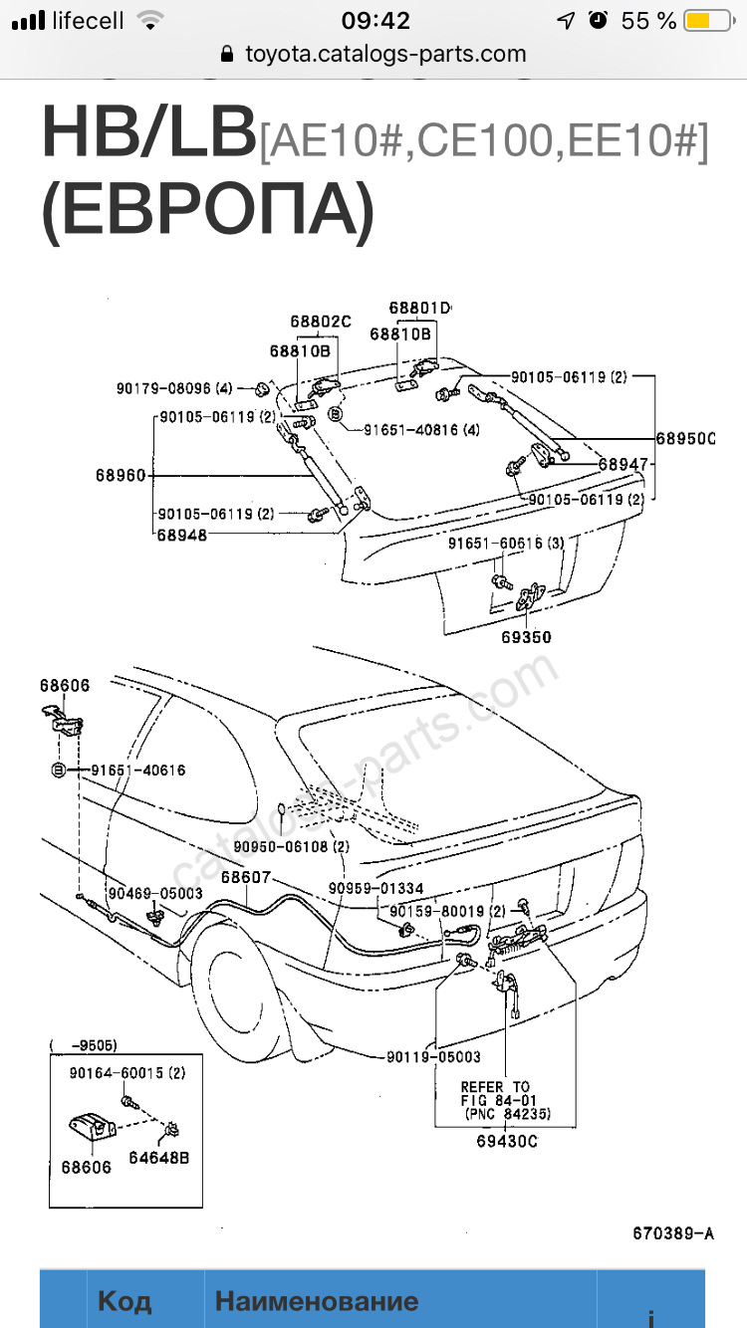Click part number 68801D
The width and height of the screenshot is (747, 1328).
tap(419, 309)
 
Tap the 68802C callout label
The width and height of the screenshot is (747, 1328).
tap(321, 322)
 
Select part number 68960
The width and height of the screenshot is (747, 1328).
tap(121, 476)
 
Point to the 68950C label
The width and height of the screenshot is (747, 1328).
tap(685, 439)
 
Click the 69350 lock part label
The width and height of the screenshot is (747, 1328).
tap(526, 637)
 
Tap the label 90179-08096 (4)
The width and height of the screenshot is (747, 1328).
tap(174, 389)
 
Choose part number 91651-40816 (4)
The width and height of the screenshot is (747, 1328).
tap(421, 430)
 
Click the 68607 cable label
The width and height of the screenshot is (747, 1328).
tap(246, 877)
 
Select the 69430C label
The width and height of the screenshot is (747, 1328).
tap(507, 1141)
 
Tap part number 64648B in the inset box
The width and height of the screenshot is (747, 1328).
tap(159, 1157)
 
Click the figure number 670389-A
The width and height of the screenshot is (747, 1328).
tap(673, 1233)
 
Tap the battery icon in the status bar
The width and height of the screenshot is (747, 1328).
tap(706, 21)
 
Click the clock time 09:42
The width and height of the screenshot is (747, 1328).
tap(375, 21)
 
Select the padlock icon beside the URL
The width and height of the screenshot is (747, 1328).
tap(227, 55)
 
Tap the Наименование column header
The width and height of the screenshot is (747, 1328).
tap(317, 1301)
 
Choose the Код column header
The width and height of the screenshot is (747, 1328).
tap(124, 1301)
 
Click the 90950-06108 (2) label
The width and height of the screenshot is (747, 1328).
tap(291, 846)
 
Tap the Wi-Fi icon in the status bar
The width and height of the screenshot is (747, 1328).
tap(150, 21)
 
